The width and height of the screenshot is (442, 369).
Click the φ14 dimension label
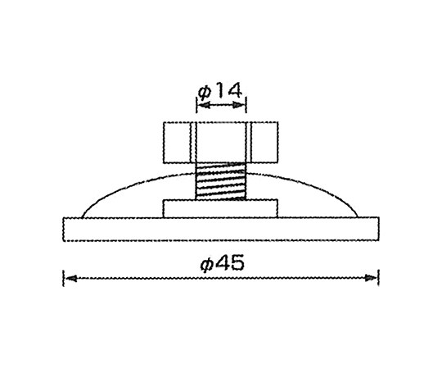coord(220,91)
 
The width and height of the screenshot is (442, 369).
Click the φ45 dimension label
coord(223,263)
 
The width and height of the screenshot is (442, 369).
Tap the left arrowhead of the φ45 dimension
coord(71,278)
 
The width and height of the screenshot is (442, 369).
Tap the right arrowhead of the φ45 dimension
coord(371,278)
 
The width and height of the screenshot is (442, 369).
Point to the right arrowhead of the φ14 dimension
coord(239,105)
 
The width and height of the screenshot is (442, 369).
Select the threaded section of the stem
coord(221,181)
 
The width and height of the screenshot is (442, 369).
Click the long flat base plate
coord(221,229)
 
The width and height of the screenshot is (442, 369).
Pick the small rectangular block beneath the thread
coord(220,208)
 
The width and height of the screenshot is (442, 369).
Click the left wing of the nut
coord(178,143)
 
